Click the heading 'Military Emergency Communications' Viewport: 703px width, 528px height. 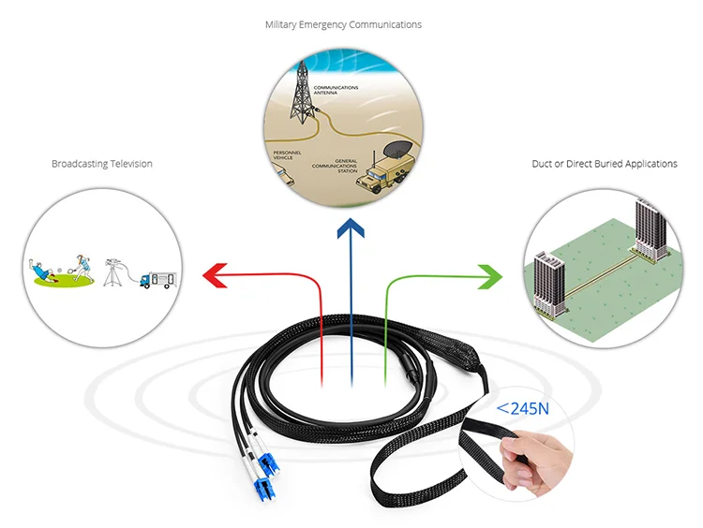(343, 24)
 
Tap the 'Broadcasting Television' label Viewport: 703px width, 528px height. (101, 164)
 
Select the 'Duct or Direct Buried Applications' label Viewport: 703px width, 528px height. (604, 164)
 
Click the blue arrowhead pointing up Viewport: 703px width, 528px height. (351, 230)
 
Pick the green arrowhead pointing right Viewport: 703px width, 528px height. (488, 274)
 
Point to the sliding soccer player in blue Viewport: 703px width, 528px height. (41, 271)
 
